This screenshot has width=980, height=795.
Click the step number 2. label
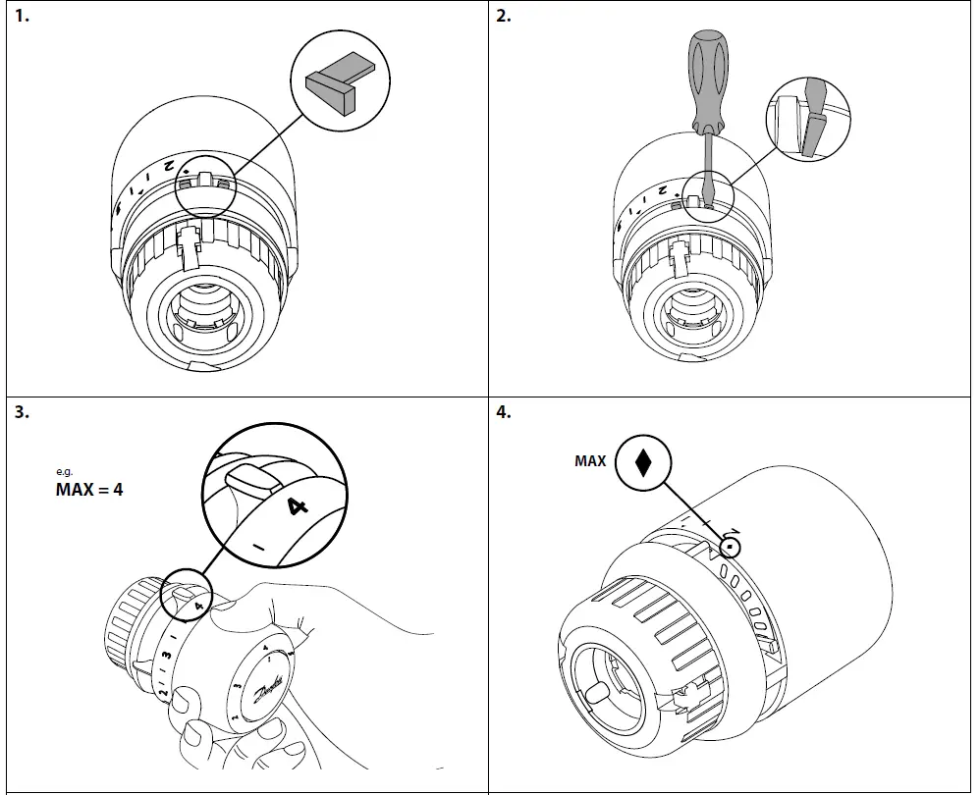pyautogui.click(x=504, y=18)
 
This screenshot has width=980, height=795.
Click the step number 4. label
pyautogui.click(x=504, y=413)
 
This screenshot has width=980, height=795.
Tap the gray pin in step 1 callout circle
pyautogui.click(x=338, y=86)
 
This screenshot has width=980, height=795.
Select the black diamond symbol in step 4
pyautogui.click(x=643, y=462)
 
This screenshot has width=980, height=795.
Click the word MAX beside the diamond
pyautogui.click(x=590, y=461)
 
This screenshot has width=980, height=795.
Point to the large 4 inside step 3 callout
pyautogui.click(x=297, y=506)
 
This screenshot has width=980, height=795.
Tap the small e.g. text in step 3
pyautogui.click(x=64, y=472)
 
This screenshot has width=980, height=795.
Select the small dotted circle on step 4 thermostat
pyautogui.click(x=731, y=548)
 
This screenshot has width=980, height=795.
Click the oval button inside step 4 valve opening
pyautogui.click(x=596, y=693)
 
